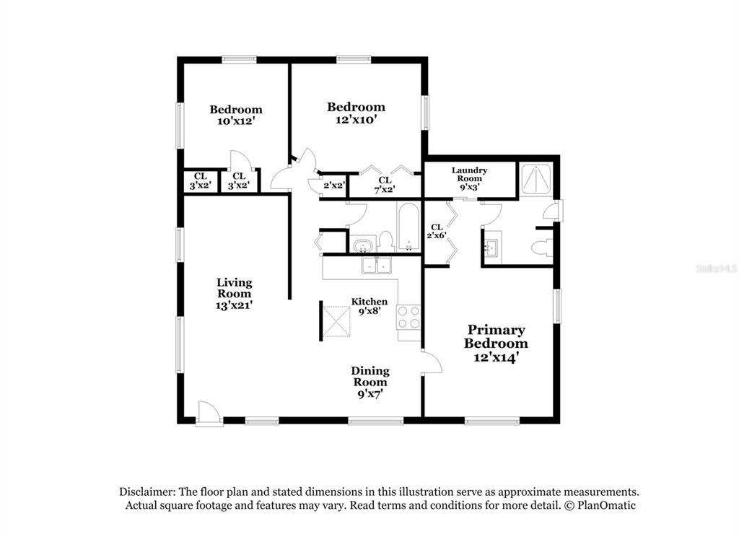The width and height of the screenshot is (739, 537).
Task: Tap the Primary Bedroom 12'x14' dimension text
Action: point(496,357)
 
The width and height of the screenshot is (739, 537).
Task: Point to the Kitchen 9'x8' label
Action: point(369,306)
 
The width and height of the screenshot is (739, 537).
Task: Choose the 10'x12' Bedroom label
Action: point(236,115)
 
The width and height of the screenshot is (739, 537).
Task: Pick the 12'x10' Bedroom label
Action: point(357,113)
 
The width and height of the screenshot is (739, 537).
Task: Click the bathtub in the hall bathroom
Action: point(408,227)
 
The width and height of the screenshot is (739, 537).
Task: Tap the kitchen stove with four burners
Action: point(408,318)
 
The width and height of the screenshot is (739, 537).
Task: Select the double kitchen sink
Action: point(377,266)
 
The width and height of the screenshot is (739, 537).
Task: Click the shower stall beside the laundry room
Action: point(535,179)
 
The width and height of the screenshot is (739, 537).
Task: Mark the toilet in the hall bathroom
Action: point(387,242)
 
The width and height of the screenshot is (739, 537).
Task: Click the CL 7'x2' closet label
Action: point(385,185)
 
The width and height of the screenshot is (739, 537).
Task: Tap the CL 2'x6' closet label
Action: point(437,232)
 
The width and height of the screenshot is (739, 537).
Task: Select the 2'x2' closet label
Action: point(333,185)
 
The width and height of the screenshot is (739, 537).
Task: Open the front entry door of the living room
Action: point(209,414)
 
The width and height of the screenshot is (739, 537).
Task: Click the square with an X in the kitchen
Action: point(336,321)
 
